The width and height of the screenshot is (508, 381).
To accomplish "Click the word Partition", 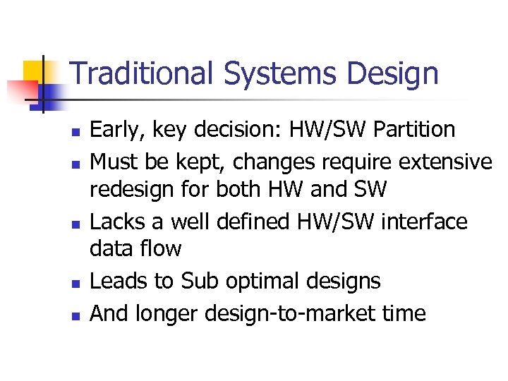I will click(x=413, y=130).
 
